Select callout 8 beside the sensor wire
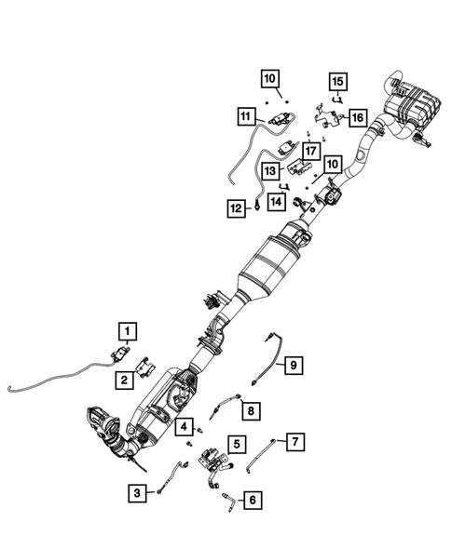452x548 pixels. click(249, 408)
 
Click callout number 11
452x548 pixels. click(245, 116)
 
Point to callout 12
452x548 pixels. click(237, 209)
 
